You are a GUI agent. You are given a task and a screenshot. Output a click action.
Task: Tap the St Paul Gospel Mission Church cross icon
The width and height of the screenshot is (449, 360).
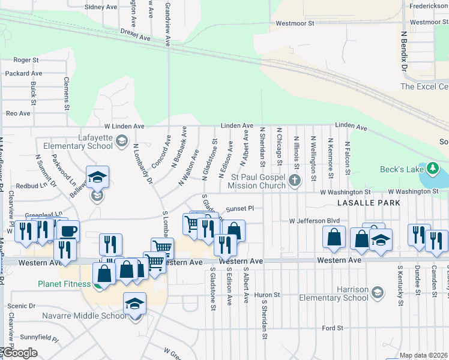tap(294, 180)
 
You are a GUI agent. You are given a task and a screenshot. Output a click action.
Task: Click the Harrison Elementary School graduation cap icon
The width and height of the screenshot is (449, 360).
tap(378, 293)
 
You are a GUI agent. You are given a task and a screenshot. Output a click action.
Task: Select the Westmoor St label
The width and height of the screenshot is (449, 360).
tap(295, 24)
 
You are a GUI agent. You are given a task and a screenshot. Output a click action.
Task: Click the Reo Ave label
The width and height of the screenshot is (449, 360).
tap(18, 113)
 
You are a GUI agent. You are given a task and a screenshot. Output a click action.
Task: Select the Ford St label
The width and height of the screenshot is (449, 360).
tap(332, 328)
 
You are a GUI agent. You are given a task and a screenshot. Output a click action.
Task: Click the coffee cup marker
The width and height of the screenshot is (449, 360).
tap(68, 231)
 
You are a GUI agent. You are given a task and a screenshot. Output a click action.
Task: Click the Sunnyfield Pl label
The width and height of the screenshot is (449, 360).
tap(38, 339)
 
